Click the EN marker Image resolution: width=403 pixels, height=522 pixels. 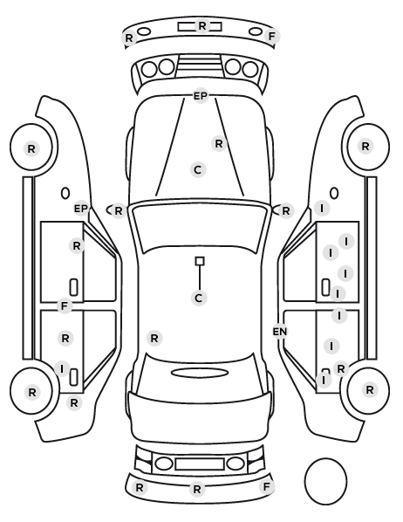tap(280, 332)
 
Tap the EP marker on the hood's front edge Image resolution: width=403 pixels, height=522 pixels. tap(201, 96)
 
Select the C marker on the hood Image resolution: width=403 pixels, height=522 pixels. tap(198, 170)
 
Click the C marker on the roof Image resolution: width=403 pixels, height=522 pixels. tap(199, 298)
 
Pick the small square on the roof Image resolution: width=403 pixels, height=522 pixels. tap(200, 261)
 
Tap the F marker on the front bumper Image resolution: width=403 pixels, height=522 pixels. tap(272, 37)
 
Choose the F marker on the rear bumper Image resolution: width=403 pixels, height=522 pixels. tap(267, 487)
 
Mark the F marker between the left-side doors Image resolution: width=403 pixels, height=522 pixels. tap(65, 306)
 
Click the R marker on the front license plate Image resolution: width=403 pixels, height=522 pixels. tap(202, 25)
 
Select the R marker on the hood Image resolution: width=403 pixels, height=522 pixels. tap(219, 144)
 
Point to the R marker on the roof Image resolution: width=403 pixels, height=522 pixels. tap(154, 339)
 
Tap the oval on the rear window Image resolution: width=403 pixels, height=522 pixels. tap(200, 373)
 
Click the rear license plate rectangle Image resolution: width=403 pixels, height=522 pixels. tap(200, 464)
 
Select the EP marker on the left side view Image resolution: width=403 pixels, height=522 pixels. tap(80, 209)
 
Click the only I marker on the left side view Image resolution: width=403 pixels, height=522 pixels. tap(62, 369)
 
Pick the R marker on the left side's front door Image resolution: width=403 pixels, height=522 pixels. tap(77, 246)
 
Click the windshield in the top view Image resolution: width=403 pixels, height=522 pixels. tap(200, 228)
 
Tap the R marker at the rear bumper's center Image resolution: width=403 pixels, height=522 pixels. tap(197, 490)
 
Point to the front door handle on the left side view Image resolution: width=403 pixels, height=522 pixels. tap(74, 287)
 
